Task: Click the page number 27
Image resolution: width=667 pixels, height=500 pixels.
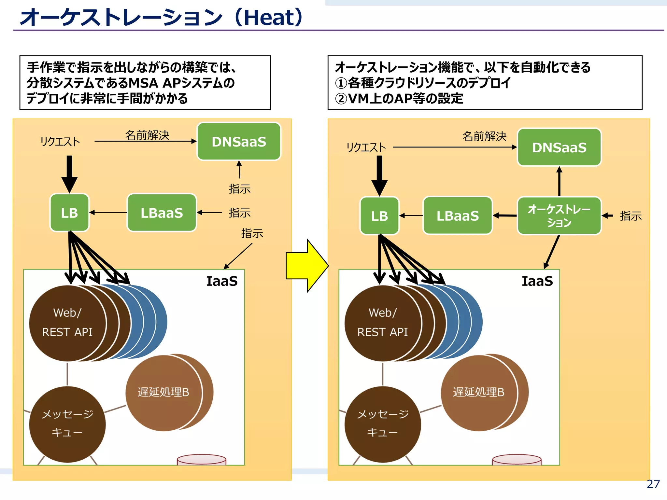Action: tap(653, 484)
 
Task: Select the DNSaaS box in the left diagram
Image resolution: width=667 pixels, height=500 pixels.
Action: tap(239, 142)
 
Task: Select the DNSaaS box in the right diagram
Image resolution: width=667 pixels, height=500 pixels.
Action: tap(559, 147)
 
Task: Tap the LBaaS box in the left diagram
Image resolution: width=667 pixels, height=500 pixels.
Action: tap(162, 213)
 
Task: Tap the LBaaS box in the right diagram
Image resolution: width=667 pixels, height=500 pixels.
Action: tap(458, 216)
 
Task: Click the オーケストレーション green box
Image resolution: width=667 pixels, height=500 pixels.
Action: tap(559, 216)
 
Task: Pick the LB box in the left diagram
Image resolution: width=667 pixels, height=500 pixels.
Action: tap(69, 213)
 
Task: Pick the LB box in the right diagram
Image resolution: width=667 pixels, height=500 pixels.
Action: tap(379, 216)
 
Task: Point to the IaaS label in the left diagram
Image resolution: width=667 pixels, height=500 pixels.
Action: tap(222, 281)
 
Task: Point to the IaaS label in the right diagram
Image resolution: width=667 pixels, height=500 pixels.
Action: tap(537, 281)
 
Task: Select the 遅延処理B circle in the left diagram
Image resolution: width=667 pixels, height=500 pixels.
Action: tap(163, 392)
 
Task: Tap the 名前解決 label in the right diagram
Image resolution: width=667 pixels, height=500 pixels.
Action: tap(484, 136)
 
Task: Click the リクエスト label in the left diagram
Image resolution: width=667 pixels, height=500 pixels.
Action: tap(60, 142)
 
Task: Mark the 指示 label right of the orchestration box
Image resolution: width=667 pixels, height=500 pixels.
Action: tap(631, 216)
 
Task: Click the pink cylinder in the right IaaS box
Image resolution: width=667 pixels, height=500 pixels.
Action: tap(517, 460)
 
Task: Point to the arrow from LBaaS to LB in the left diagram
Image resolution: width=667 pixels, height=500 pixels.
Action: tap(108, 213)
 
